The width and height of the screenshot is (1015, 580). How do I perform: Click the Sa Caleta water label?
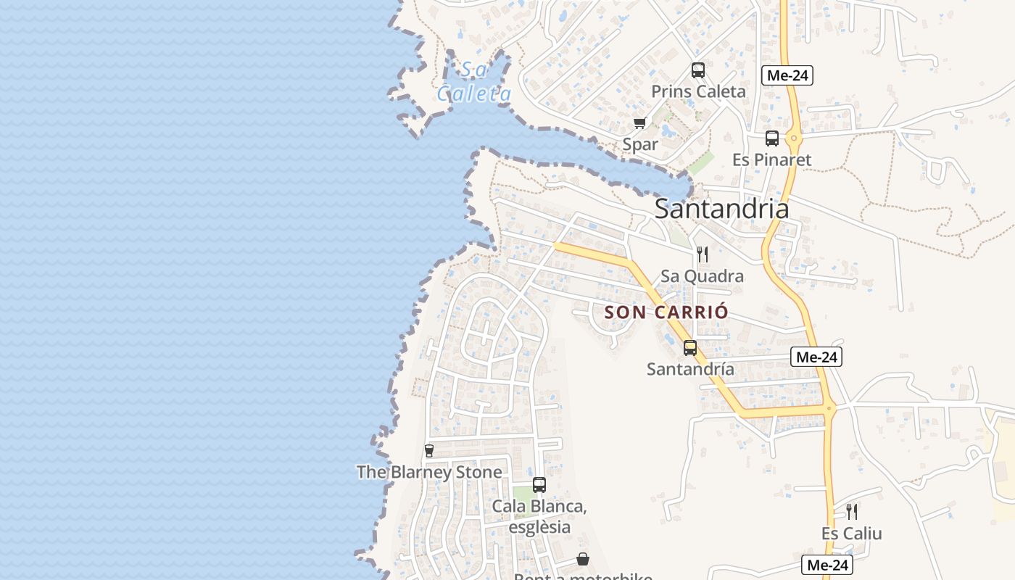tap(474, 81)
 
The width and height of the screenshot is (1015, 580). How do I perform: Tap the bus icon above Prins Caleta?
tap(698, 70)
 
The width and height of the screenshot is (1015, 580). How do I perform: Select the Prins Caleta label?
tap(698, 91)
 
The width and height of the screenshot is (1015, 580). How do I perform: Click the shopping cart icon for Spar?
tap(639, 123)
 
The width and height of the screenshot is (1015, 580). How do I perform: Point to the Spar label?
tap(640, 144)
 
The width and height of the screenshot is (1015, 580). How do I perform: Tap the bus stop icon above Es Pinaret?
tap(772, 138)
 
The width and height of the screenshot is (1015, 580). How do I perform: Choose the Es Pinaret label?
tap(771, 159)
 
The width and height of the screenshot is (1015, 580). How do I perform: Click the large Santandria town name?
tap(721, 209)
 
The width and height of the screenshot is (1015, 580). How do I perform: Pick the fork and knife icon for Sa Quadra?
tap(702, 254)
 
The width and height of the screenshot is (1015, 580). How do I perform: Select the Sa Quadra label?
tap(702, 276)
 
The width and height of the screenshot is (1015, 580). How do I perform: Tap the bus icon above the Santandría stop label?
tap(690, 348)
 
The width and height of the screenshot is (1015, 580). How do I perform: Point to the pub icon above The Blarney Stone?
tap(428, 451)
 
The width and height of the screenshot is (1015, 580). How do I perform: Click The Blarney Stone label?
tap(429, 473)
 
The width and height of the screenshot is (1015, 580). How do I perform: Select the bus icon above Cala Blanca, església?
tap(539, 485)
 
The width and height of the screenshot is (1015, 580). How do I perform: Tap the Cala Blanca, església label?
tap(539, 516)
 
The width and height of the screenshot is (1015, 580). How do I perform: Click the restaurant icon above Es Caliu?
tap(852, 512)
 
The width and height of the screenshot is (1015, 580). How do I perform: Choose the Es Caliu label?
tap(852, 534)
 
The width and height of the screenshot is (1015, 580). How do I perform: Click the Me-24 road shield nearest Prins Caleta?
tap(787, 75)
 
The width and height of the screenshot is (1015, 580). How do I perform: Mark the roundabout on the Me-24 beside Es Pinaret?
tap(795, 138)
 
